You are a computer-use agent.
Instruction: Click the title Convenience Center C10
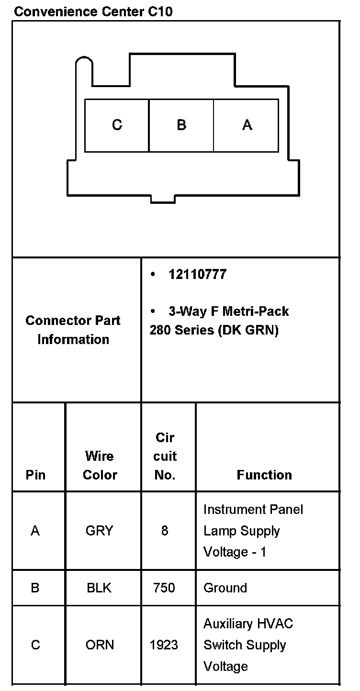93,11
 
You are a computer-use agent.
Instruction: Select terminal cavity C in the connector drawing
117,125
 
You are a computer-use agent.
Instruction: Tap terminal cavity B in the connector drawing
181,125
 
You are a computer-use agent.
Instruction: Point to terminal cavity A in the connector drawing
247,125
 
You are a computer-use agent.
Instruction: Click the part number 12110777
197,275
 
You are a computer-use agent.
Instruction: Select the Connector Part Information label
73,330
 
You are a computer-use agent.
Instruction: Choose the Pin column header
36,475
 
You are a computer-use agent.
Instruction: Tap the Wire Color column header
100,465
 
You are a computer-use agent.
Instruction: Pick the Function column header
264,475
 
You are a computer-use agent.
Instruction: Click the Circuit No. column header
165,457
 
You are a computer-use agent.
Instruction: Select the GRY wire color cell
100,531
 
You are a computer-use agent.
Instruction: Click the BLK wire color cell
99,588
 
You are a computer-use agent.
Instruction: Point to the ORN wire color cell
100,645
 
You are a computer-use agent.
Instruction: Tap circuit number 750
164,588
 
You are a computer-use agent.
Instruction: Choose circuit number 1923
164,645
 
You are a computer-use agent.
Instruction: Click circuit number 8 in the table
165,531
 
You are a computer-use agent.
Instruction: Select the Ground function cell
225,588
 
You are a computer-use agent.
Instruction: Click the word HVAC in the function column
275,624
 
